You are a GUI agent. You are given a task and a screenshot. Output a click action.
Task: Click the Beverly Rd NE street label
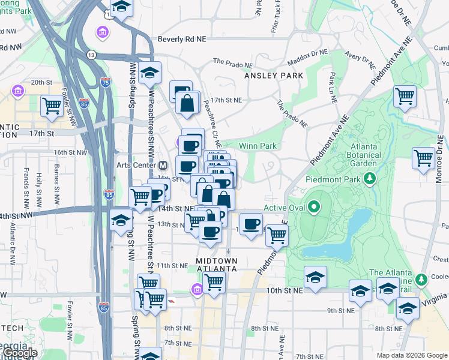(182, 38)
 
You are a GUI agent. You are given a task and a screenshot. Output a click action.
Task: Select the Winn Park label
(258, 146)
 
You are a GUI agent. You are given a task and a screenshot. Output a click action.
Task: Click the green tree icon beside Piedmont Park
(370, 178)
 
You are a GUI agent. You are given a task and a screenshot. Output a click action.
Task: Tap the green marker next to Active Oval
(313, 208)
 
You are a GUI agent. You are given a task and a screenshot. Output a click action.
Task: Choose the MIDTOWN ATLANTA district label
(217, 265)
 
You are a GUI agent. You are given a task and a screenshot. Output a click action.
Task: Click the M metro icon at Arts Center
(161, 165)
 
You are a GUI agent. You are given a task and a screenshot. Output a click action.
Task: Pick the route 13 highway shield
(91, 55)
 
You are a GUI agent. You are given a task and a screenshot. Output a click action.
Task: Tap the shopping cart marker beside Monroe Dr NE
(423, 158)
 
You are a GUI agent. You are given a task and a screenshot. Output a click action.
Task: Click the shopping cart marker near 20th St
(52, 106)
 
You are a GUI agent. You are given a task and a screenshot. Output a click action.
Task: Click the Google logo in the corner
(19, 353)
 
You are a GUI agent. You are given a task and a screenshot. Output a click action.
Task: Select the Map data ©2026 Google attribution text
(411, 355)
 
